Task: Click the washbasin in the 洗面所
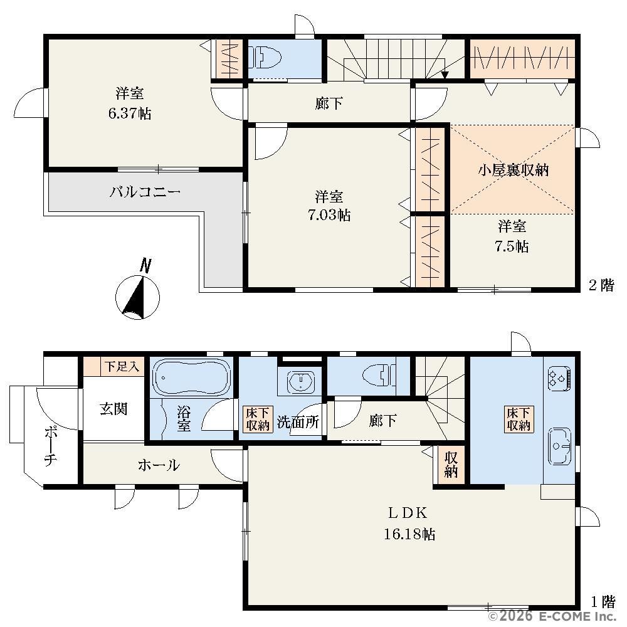click(x=299, y=381)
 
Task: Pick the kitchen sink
click(x=560, y=446)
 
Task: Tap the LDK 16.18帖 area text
click(x=409, y=523)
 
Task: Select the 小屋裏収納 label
click(x=513, y=171)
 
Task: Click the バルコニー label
click(x=145, y=192)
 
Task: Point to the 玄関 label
click(x=113, y=409)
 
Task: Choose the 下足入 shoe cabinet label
click(x=122, y=366)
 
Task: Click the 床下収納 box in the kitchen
click(x=519, y=419)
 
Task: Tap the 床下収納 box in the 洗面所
click(x=258, y=419)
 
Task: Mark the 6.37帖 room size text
click(x=130, y=113)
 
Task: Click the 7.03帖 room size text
click(x=329, y=215)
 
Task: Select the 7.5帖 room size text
click(x=512, y=246)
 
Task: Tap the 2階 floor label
click(x=601, y=285)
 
